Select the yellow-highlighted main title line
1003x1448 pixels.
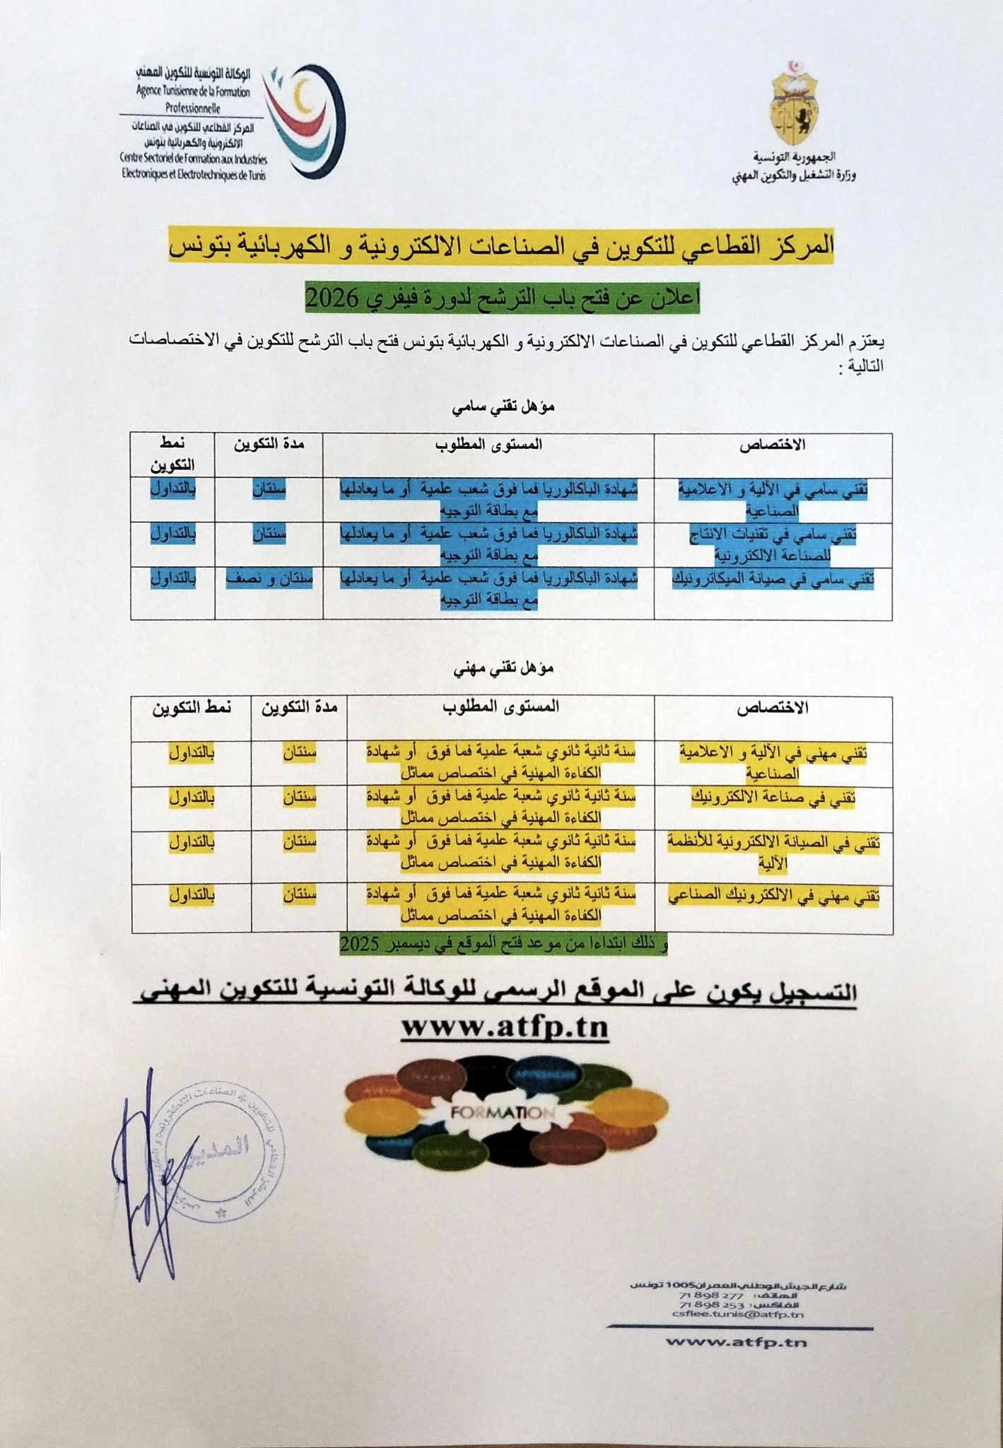501,246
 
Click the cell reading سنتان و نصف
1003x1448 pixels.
269,578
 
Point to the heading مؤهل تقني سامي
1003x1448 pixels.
504,407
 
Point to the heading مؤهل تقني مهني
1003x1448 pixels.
504,668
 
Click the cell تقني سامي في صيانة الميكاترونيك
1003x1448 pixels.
773,579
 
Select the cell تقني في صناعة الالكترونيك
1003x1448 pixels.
773,798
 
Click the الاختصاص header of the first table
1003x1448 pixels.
773,445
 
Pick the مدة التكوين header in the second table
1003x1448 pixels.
299,707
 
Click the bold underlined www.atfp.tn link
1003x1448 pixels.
505,1027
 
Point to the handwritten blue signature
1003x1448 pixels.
145,1181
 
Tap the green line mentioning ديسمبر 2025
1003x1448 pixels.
503,945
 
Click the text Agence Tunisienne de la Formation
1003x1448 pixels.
193,92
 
